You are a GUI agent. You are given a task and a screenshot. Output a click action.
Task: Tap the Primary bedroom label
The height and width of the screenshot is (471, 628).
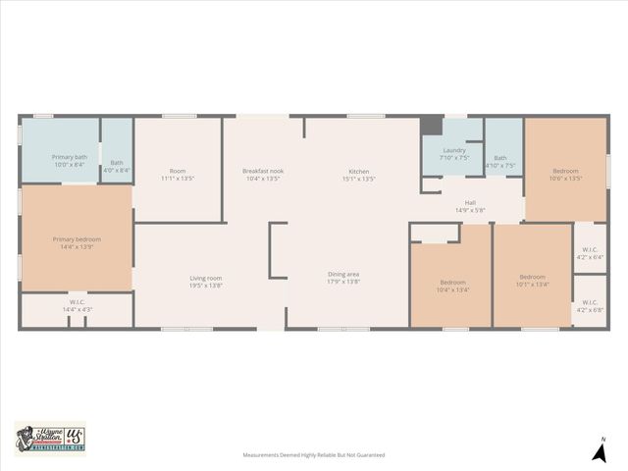(x=77, y=238)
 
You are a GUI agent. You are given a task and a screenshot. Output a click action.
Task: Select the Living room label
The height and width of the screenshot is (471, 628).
(x=206, y=278)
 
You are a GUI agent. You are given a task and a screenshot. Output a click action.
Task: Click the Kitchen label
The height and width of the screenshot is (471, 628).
(x=359, y=171)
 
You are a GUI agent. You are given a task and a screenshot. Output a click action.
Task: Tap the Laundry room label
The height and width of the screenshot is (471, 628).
(x=453, y=150)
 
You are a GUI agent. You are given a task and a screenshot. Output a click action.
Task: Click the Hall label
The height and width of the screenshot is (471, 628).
(x=470, y=203)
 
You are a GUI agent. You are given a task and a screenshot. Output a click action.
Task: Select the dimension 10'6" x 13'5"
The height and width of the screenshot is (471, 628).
(x=565, y=179)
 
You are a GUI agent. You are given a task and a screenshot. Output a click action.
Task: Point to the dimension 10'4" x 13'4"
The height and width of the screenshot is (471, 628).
(x=451, y=289)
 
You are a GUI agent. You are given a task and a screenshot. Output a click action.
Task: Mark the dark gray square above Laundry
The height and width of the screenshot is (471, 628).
(x=431, y=126)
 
